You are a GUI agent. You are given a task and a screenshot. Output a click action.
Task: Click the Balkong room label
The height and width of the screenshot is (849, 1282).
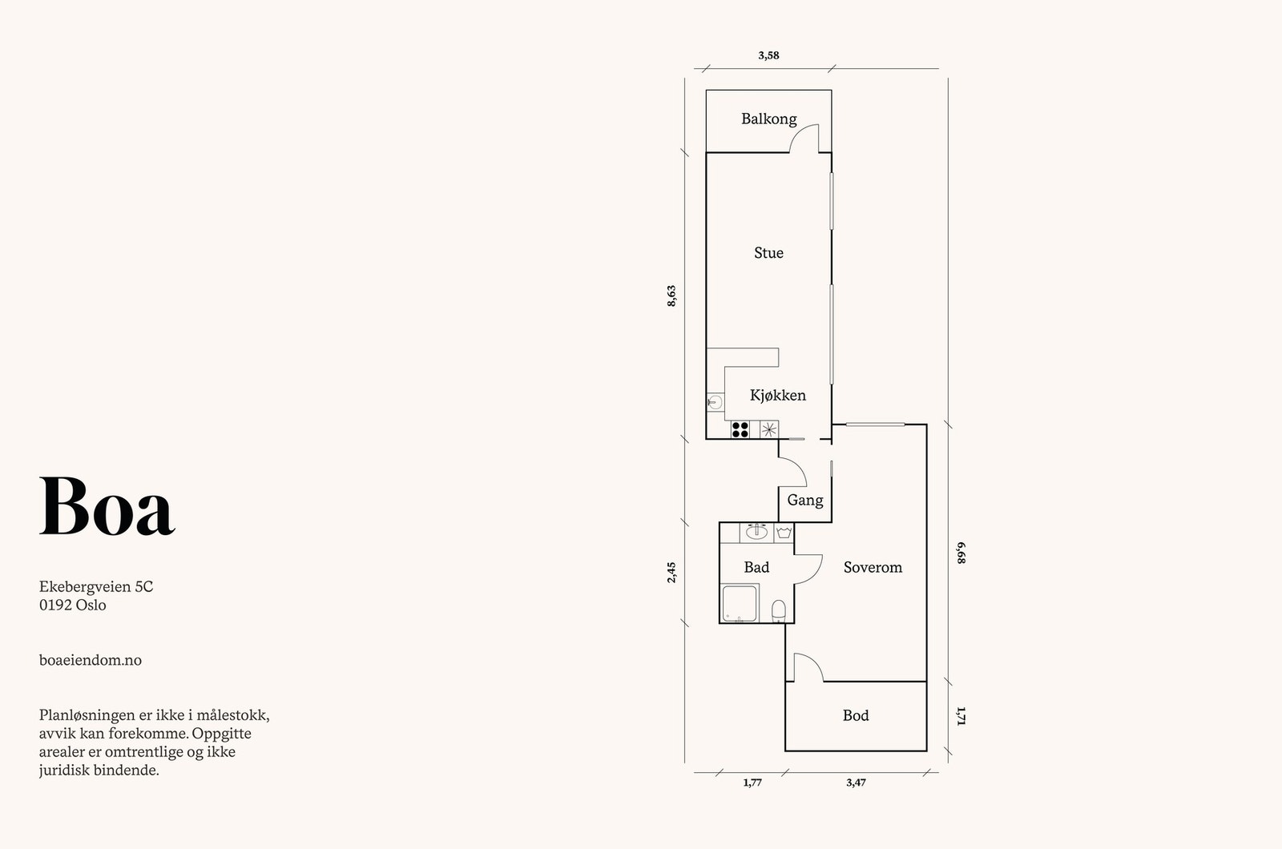pyautogui.click(x=768, y=119)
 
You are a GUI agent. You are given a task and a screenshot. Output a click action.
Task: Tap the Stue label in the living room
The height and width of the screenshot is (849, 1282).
pyautogui.click(x=768, y=253)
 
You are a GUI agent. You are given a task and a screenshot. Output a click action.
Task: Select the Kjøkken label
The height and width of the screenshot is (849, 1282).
pyautogui.click(x=777, y=395)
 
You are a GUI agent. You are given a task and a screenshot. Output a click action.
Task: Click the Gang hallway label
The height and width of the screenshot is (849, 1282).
pyautogui.click(x=804, y=500)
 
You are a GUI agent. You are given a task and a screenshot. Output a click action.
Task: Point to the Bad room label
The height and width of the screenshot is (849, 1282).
pyautogui.click(x=756, y=567)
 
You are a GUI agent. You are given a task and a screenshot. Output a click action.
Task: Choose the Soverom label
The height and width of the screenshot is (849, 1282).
pyautogui.click(x=873, y=567)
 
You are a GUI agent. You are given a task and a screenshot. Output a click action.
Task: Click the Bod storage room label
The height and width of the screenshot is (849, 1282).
pyautogui.click(x=855, y=715)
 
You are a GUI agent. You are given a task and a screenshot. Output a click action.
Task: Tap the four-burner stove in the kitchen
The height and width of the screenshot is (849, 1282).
pyautogui.click(x=740, y=430)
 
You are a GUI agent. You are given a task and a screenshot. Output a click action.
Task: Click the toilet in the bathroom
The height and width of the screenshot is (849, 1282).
pyautogui.click(x=778, y=611)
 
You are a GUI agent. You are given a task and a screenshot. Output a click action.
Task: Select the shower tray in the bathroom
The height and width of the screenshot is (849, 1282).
pyautogui.click(x=740, y=603)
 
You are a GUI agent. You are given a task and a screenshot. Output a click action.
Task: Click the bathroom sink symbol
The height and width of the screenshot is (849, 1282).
pyautogui.click(x=756, y=531)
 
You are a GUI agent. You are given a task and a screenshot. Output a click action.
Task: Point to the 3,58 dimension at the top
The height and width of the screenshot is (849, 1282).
pyautogui.click(x=768, y=55)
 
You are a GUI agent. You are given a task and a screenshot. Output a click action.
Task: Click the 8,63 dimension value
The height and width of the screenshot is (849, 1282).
pyautogui.click(x=671, y=296)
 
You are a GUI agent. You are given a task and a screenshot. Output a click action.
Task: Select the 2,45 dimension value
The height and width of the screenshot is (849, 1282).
pyautogui.click(x=671, y=572)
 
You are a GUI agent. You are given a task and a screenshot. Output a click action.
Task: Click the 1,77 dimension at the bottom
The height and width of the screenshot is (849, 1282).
pyautogui.click(x=752, y=783)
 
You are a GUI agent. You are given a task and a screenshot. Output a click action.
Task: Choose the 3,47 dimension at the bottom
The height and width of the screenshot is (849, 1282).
pyautogui.click(x=855, y=783)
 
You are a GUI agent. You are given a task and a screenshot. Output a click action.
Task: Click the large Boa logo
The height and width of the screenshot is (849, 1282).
pyautogui.click(x=107, y=507)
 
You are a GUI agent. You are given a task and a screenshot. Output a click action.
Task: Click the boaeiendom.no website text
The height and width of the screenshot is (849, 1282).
pyautogui.click(x=90, y=660)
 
